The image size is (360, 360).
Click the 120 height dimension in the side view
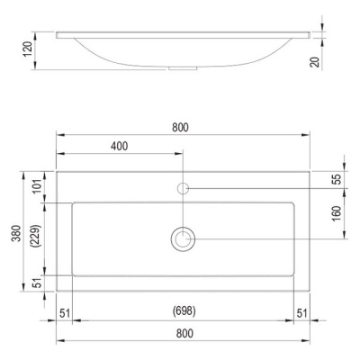click(x=28, y=49)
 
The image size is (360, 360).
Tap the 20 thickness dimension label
click(x=316, y=62)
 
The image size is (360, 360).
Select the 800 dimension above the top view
click(x=180, y=128)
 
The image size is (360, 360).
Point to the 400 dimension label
click(x=119, y=146)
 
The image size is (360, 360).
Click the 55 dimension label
click(x=337, y=179)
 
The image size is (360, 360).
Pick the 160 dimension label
click(x=337, y=213)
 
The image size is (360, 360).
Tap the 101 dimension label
click(x=37, y=186)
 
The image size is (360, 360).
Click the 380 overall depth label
click(x=16, y=233)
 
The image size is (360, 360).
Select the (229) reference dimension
click(x=37, y=236)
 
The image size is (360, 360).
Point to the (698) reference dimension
click(x=184, y=311)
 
